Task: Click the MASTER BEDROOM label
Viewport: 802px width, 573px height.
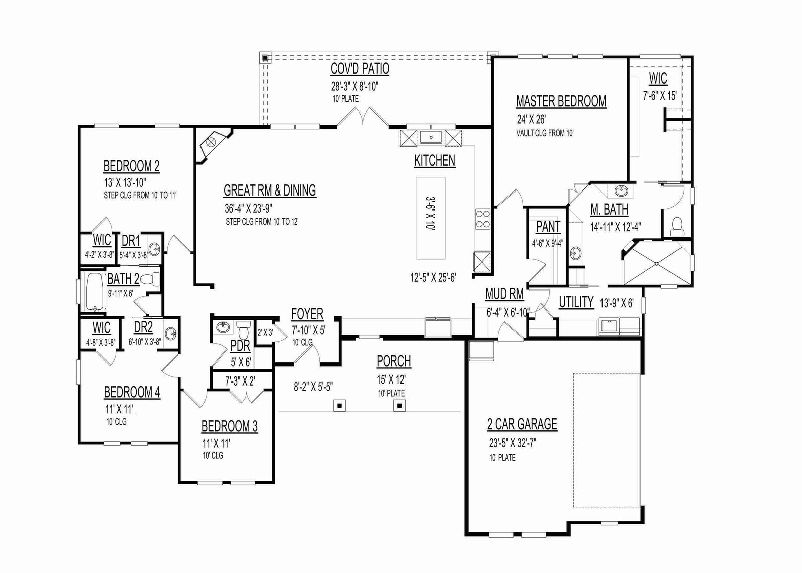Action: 561,101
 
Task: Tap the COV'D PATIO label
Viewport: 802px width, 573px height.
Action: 360,68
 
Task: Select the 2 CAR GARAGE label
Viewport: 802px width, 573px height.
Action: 522,424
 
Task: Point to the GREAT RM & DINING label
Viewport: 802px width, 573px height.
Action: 270,190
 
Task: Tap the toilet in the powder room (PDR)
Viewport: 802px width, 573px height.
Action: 244,330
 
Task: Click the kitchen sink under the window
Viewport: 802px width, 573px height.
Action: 431,137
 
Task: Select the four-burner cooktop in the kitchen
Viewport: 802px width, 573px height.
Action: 482,219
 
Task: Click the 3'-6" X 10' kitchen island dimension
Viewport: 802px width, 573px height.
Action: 431,213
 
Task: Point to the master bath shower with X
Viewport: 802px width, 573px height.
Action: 656,264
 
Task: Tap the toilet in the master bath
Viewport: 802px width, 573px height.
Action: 677,226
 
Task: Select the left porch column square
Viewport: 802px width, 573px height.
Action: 339,406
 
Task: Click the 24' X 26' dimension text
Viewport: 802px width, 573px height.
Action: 531,119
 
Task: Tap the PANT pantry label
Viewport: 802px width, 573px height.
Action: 548,227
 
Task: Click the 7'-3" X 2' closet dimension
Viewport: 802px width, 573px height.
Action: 240,381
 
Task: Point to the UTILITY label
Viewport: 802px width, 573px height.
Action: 576,302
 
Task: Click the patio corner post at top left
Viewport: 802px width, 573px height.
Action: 265,57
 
